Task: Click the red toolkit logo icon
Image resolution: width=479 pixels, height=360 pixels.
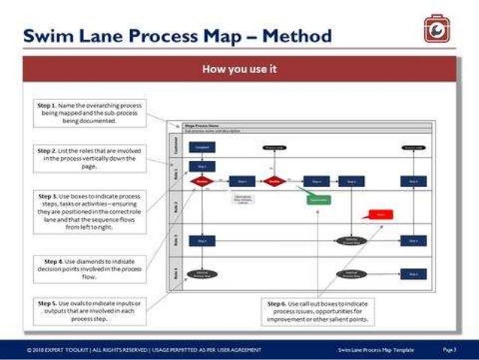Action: click(435, 30)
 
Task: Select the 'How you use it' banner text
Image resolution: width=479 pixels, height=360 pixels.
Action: click(239, 69)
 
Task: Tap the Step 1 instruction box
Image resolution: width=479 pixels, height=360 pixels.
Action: click(90, 113)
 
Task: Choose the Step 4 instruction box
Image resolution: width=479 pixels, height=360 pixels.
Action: click(90, 268)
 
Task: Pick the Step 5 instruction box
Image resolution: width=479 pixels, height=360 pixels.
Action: click(90, 310)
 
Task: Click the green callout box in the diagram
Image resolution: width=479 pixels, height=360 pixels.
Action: click(318, 200)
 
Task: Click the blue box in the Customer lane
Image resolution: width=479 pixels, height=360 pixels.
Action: click(203, 149)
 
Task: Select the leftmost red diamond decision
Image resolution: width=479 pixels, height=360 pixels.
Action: click(202, 181)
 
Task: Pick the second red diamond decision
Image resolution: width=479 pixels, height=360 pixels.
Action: click(274, 181)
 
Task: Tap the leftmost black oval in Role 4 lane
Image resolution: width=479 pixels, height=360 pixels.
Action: click(202, 275)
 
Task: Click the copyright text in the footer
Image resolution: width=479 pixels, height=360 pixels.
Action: click(143, 349)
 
